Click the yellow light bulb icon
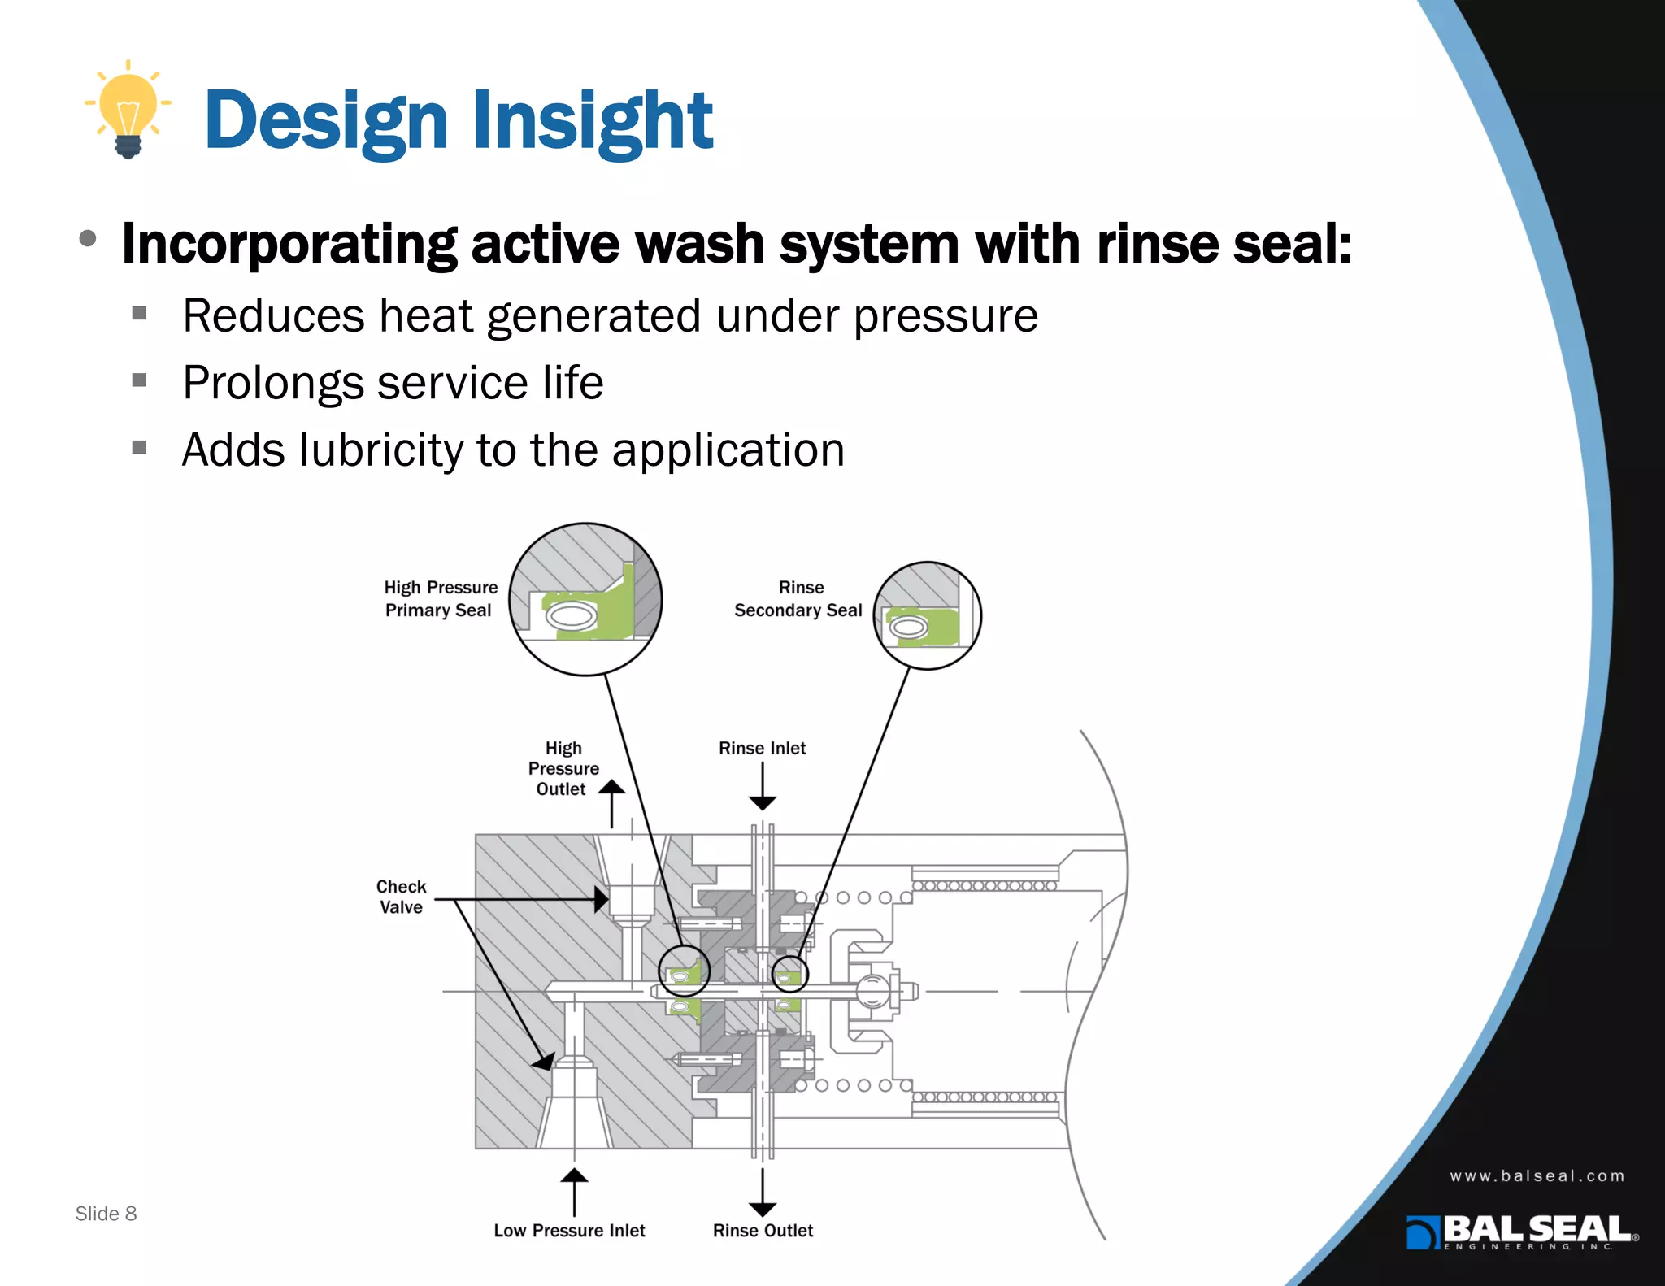point(128,111)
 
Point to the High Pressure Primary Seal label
point(440,599)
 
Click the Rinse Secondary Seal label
point(798,599)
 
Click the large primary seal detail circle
point(585,599)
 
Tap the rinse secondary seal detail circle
point(927,616)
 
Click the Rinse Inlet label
point(762,748)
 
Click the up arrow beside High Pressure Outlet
point(611,803)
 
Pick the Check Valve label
point(401,897)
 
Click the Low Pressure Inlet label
point(569,1231)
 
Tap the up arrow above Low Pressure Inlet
point(574,1191)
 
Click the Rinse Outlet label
point(763,1231)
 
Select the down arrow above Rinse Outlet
point(762,1193)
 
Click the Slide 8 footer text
point(106,1214)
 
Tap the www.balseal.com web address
point(1537,1176)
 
